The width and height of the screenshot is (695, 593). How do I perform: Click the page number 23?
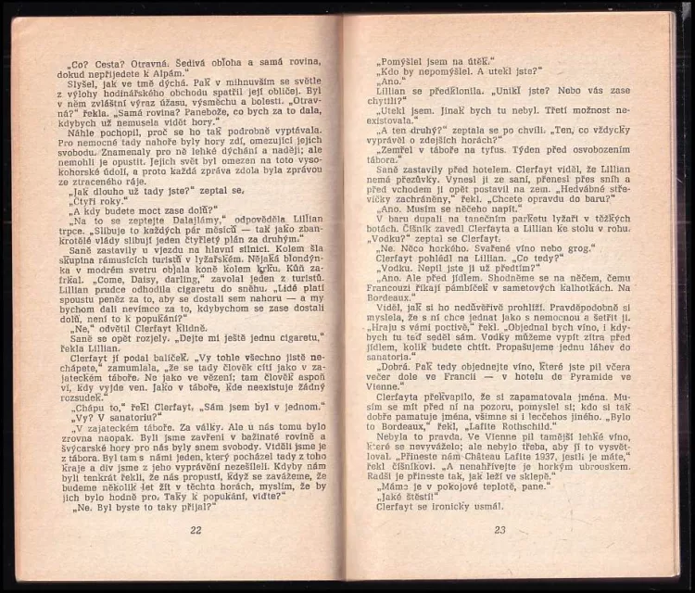[x=499, y=530]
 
